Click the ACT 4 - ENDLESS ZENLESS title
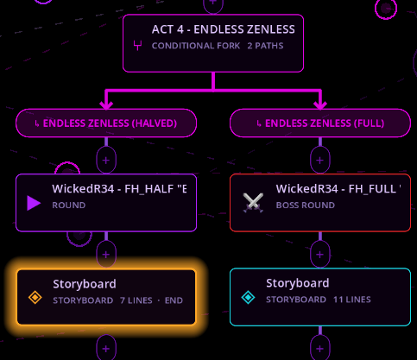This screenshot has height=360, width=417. click(224, 29)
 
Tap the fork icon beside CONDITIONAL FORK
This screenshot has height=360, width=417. click(137, 46)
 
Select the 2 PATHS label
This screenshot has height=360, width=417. click(265, 46)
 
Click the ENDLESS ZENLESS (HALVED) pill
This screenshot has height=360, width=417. click(106, 123)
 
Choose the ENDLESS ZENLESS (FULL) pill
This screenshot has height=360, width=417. click(320, 123)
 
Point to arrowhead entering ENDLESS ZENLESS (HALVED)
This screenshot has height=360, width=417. click(106, 104)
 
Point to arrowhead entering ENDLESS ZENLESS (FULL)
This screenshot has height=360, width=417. click(320, 104)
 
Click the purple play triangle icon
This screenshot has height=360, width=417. click(34, 203)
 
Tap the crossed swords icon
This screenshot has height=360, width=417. click(253, 203)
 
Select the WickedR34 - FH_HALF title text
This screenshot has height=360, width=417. click(119, 189)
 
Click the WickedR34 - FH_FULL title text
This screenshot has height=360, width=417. click(338, 189)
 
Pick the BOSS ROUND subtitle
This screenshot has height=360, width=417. click(306, 205)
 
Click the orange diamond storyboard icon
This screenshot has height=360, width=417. click(35, 297)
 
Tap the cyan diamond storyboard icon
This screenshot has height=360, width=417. click(248, 297)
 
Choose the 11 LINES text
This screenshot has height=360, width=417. click(352, 300)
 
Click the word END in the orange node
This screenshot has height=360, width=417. click(174, 300)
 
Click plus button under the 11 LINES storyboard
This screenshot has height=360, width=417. click(320, 348)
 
